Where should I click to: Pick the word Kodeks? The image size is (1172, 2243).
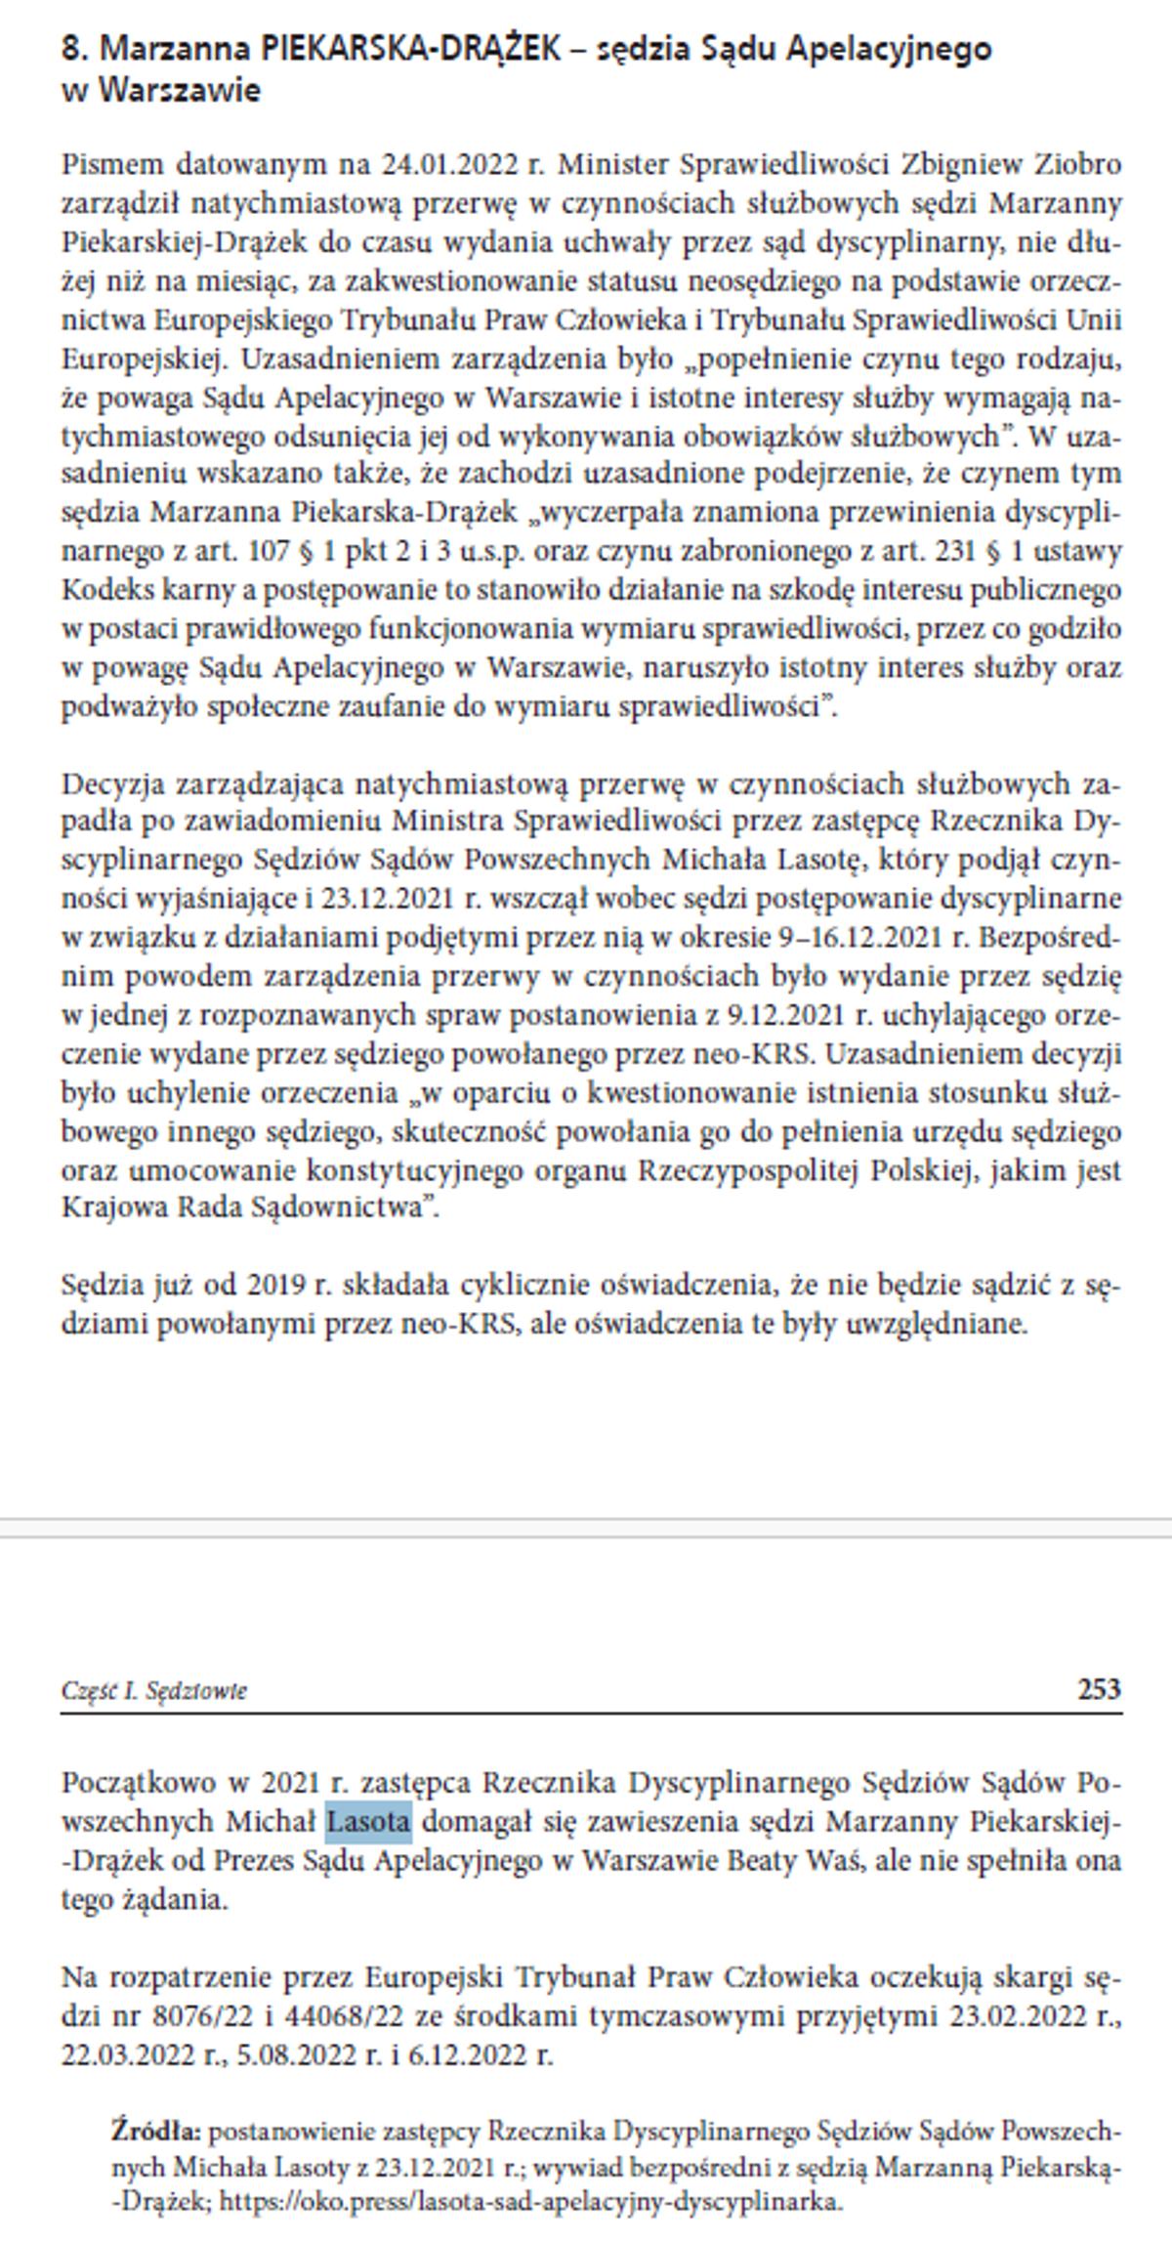[x=102, y=590]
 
